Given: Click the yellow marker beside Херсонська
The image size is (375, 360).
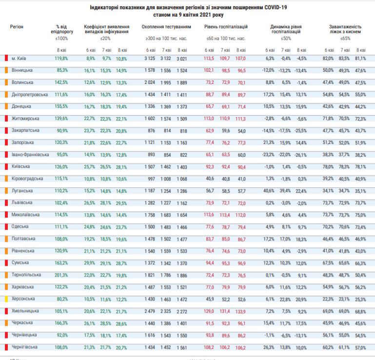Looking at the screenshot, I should click(6, 299).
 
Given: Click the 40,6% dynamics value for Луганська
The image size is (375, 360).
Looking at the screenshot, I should click(270, 190).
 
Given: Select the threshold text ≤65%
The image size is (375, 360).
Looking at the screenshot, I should click(345, 38).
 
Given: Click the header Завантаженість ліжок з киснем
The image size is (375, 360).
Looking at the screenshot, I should click(345, 29).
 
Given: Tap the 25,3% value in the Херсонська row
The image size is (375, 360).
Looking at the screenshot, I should click(360, 299).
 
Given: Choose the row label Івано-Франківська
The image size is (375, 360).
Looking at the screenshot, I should click(30, 154).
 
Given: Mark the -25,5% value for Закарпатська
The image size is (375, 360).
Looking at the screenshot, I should click(301, 130).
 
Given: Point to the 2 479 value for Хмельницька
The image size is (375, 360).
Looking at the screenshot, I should click(149, 311).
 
